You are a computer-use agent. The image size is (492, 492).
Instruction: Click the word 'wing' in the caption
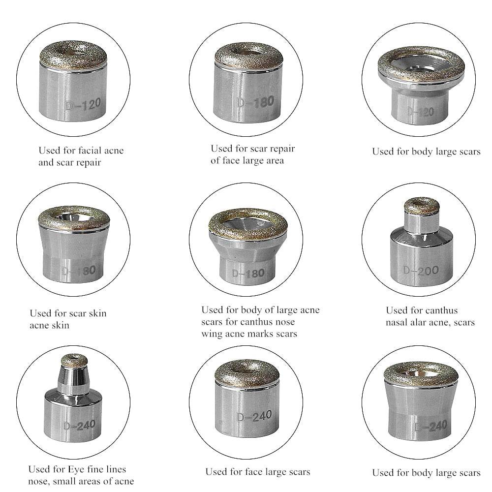pyautogui.click(x=212, y=334)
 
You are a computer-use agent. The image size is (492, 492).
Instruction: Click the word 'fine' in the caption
pyautogui.click(x=95, y=469)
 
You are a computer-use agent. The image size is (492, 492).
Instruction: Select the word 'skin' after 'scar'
pyautogui.click(x=97, y=313)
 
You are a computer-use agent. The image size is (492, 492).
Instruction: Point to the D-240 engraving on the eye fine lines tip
pyautogui.click(x=80, y=426)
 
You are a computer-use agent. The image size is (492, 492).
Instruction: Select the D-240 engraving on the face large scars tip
pyautogui.click(x=254, y=416)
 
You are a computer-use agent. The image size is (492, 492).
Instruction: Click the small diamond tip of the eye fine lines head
pyautogui.click(x=74, y=361)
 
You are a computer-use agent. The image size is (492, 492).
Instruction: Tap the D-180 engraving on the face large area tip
pyautogui.click(x=256, y=102)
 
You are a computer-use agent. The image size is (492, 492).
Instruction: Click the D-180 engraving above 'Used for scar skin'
pyautogui.click(x=78, y=271)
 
